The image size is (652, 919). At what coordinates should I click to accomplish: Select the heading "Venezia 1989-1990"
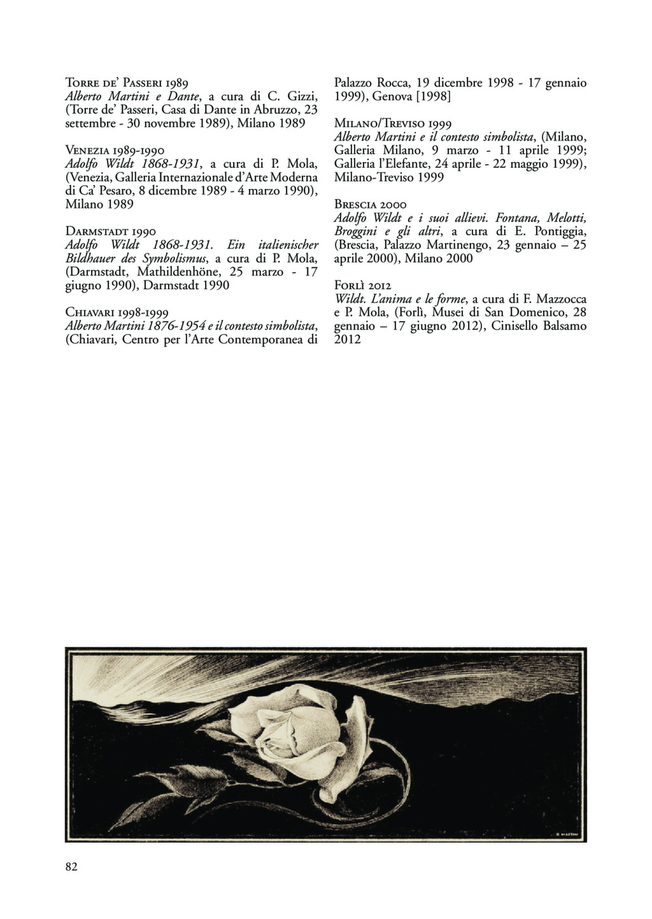[x=115, y=151]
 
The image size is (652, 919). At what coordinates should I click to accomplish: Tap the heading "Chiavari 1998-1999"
[x=117, y=312]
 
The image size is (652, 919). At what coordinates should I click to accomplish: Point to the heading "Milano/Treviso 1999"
[x=393, y=123]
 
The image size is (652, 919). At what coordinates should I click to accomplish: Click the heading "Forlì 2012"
[x=362, y=285]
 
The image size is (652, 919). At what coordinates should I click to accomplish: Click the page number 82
[x=71, y=866]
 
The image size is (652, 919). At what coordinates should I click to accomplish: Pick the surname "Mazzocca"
[x=556, y=299]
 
